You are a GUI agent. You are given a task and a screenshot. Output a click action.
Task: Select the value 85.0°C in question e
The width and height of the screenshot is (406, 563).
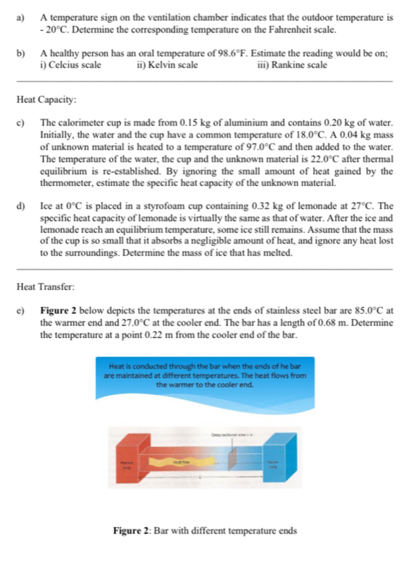pyautogui.click(x=359, y=311)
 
